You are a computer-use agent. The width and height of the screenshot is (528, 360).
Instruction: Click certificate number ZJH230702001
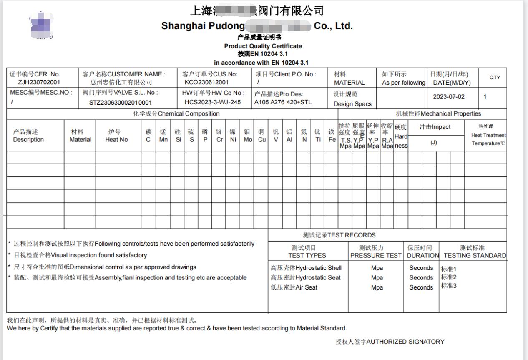[39, 82]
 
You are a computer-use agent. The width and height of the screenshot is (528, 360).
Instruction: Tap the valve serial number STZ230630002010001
[121, 102]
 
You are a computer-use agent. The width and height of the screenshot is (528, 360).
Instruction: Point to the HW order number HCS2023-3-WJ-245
[213, 102]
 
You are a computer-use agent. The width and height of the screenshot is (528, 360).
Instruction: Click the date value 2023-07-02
[448, 97]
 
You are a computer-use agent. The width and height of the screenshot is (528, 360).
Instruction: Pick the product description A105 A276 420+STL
[283, 102]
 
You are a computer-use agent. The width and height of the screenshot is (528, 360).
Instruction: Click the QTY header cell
[495, 78]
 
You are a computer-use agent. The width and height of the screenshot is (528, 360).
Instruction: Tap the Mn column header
[163, 140]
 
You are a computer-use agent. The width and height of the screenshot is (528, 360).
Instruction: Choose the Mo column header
[248, 140]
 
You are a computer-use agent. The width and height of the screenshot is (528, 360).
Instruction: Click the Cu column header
[261, 140]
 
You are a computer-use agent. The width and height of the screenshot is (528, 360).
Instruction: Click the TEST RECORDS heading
[339, 235]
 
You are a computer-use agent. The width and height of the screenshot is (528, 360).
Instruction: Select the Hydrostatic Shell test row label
[306, 268]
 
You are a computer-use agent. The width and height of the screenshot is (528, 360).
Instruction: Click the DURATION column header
[423, 255]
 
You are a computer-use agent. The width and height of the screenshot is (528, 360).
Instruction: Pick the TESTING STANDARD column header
[475, 255]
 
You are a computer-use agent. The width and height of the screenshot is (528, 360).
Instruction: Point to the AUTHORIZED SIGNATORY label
[390, 342]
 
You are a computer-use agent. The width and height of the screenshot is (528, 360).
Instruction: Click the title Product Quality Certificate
[263, 46]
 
